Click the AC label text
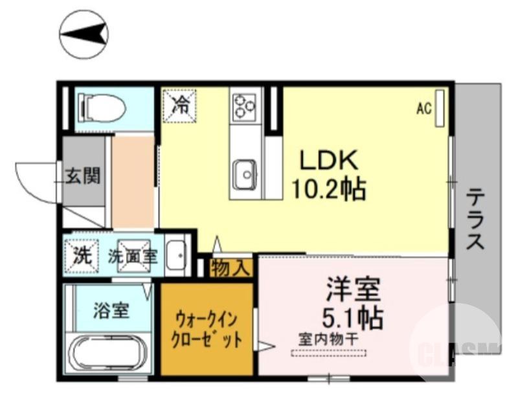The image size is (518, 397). tap(423, 109)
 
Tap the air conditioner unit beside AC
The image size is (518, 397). tap(440, 108)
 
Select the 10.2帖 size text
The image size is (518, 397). tap(328, 188)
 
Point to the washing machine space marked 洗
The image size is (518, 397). tap(82, 255)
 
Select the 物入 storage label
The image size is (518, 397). tap(231, 267)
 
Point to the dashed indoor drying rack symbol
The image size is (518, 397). tap(329, 353)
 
